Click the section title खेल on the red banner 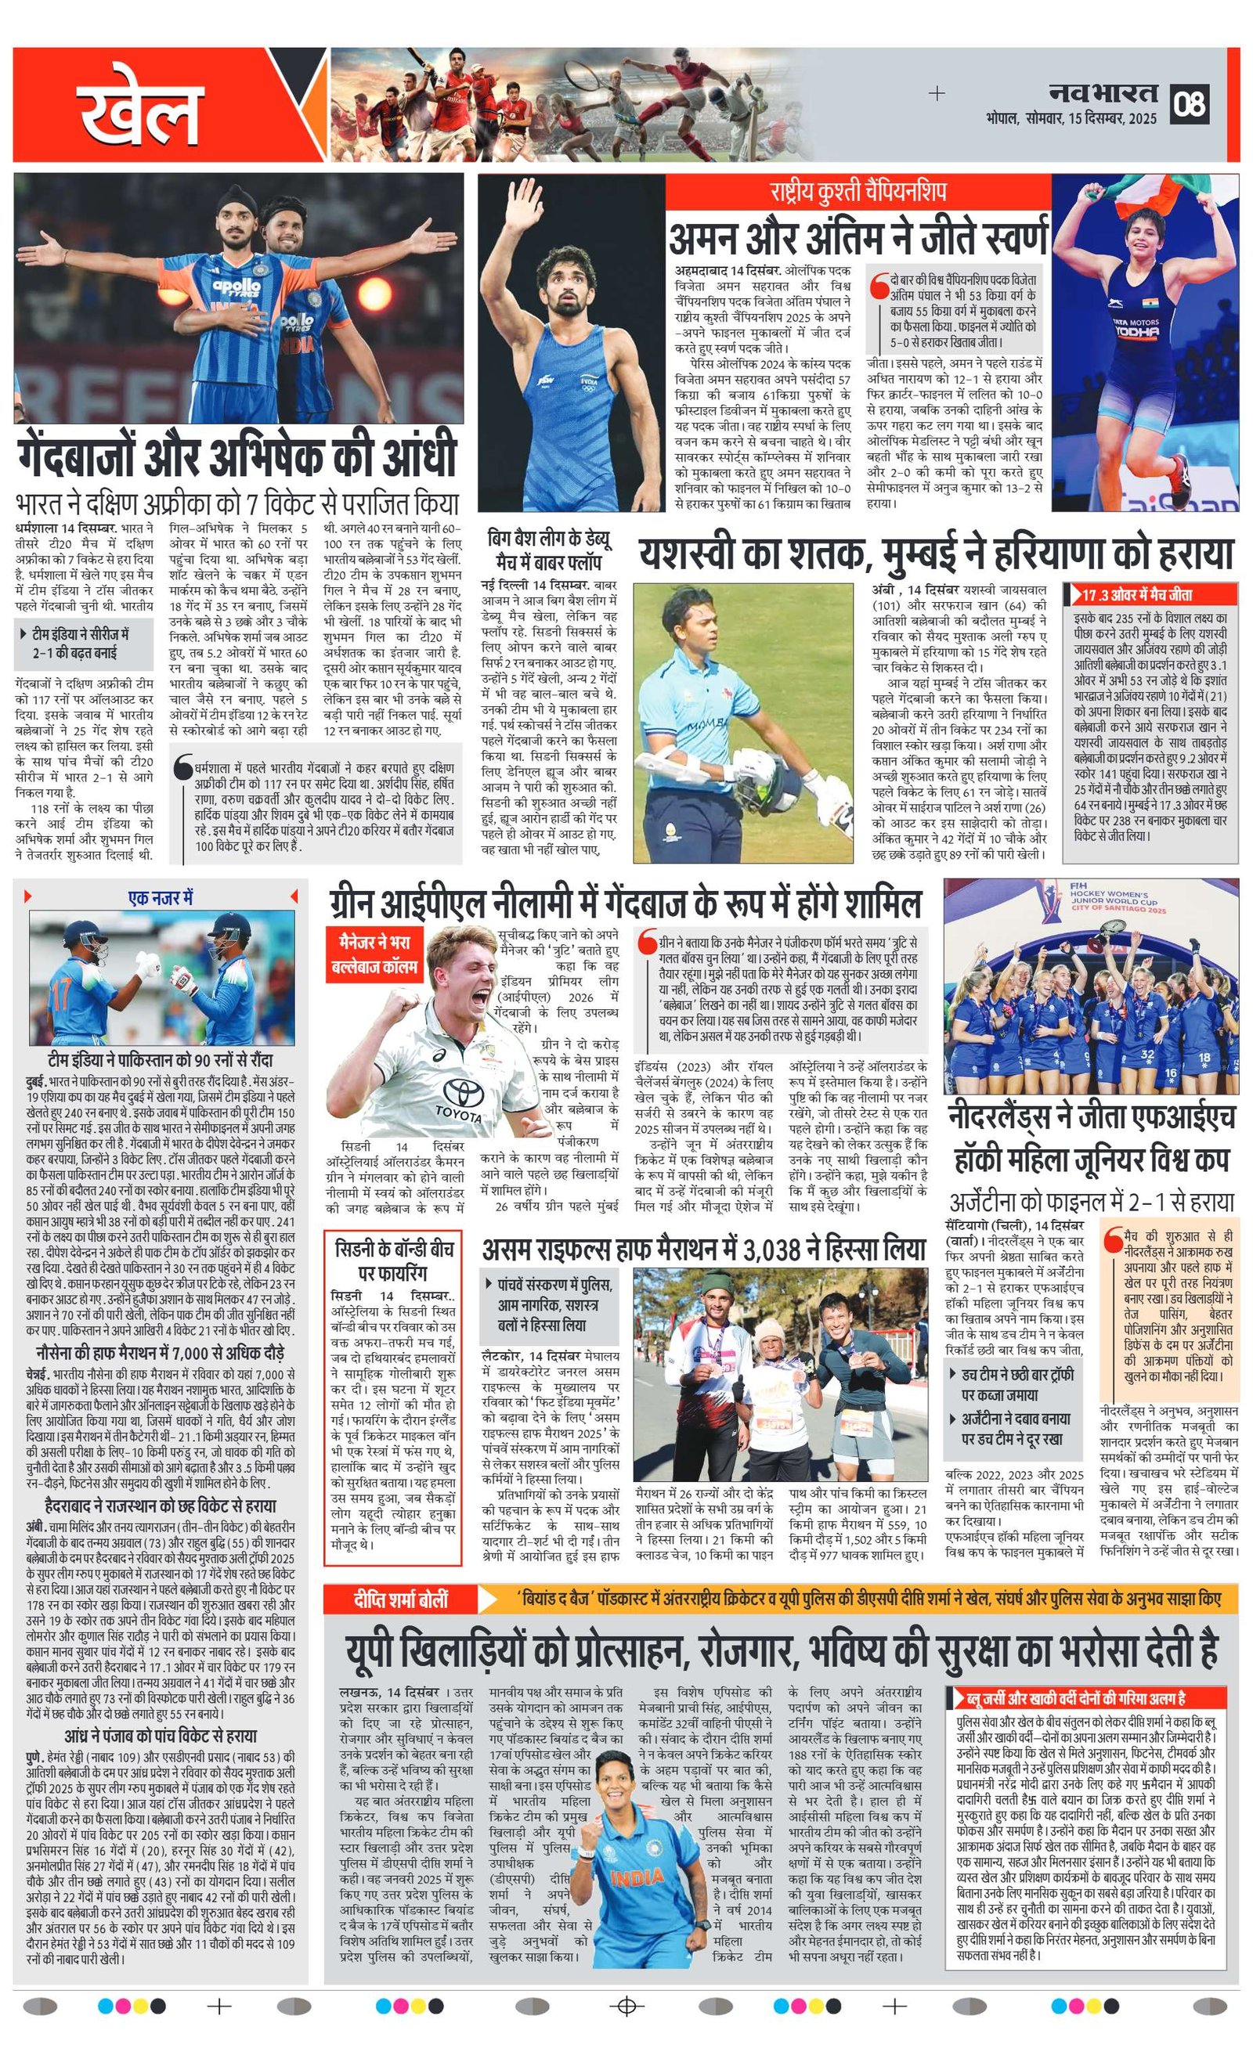[x=140, y=112]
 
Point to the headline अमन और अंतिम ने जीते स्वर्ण [x=858, y=237]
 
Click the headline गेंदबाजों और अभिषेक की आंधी [x=237, y=456]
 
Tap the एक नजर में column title [x=161, y=898]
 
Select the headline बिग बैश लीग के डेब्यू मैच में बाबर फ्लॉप [x=549, y=550]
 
